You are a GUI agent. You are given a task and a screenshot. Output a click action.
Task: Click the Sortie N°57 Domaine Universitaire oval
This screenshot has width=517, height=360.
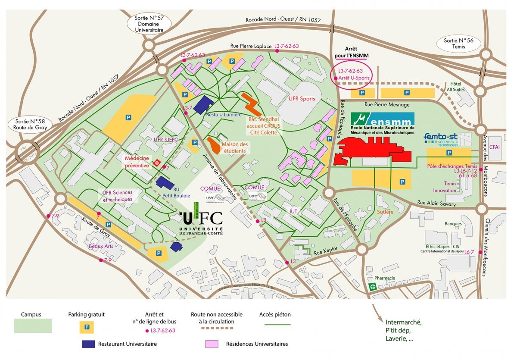point(149,24)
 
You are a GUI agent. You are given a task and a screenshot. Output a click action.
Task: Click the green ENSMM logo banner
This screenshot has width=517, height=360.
point(383,119)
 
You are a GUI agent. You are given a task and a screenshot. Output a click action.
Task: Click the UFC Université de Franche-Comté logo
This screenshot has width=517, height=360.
point(201,223)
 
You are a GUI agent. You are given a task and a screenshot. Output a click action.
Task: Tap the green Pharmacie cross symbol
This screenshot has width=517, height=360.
point(372,286)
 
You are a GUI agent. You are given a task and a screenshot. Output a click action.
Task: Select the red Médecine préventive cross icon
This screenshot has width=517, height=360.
point(157,163)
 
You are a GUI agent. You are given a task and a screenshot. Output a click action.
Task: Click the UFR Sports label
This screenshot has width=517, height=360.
point(302,99)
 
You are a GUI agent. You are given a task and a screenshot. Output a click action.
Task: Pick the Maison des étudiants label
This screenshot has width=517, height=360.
point(234,147)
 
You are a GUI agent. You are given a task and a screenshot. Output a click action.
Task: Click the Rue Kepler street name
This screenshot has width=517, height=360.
point(324,253)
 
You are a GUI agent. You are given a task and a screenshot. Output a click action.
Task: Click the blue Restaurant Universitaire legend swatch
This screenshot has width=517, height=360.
point(88,344)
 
